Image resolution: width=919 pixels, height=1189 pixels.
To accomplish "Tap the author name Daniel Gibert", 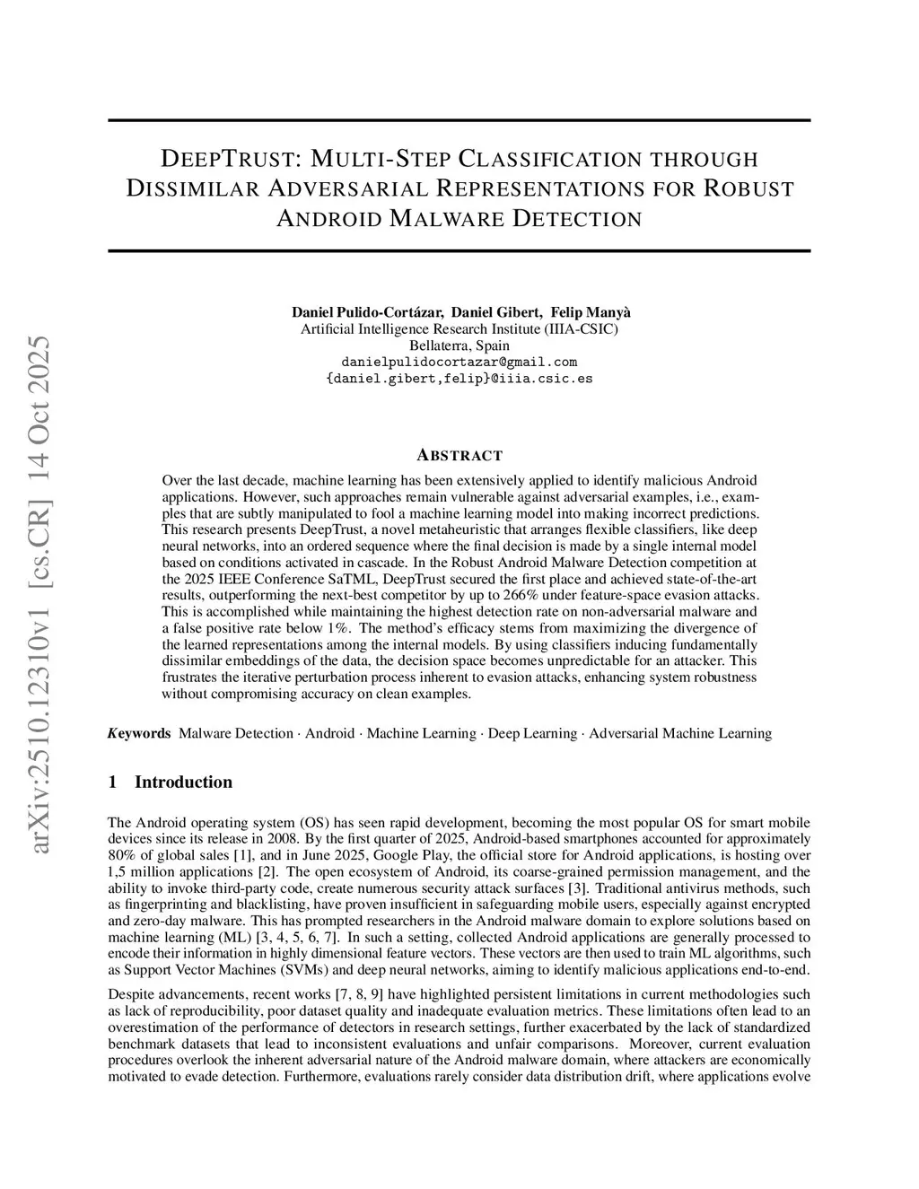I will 495,312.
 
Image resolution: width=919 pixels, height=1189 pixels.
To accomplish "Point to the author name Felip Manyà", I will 591,312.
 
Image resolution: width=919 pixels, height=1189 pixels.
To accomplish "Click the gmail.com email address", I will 459,362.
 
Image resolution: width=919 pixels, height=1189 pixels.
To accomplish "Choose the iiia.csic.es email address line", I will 459,378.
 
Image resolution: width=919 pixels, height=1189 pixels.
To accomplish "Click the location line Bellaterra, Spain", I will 459,345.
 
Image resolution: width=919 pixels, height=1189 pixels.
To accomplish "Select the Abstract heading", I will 459,455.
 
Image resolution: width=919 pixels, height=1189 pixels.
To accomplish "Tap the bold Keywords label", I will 139,733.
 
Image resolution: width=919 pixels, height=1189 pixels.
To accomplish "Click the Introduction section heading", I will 183,782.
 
